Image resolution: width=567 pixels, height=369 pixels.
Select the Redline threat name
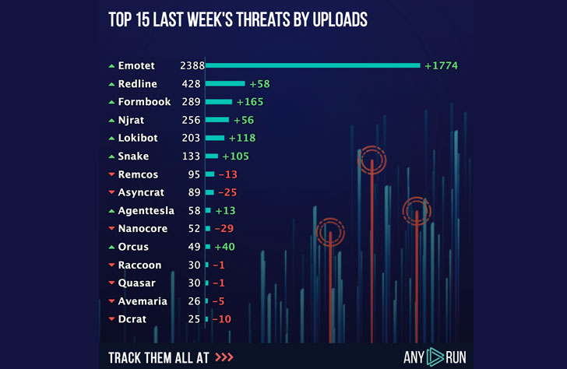[x=138, y=83]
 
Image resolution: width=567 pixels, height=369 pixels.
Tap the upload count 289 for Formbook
[x=190, y=102]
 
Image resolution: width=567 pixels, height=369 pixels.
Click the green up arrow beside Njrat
[x=111, y=120]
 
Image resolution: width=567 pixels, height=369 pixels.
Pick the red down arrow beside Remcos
[x=111, y=174]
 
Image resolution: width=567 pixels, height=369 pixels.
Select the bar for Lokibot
[x=215, y=138]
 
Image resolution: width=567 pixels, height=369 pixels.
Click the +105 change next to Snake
[x=235, y=156]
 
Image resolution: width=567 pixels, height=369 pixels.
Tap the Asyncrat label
[x=141, y=192]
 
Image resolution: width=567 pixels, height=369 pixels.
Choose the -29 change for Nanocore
[x=224, y=229]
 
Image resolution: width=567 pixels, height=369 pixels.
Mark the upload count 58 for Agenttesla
[x=194, y=211]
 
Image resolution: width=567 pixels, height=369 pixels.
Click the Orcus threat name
[x=133, y=247]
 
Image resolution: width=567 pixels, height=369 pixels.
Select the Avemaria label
[x=140, y=301]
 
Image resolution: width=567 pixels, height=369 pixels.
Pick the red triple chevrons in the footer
[x=224, y=357]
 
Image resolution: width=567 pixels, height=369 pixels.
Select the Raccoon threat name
[x=139, y=265]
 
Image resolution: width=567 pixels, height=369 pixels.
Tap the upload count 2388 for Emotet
[x=191, y=65]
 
